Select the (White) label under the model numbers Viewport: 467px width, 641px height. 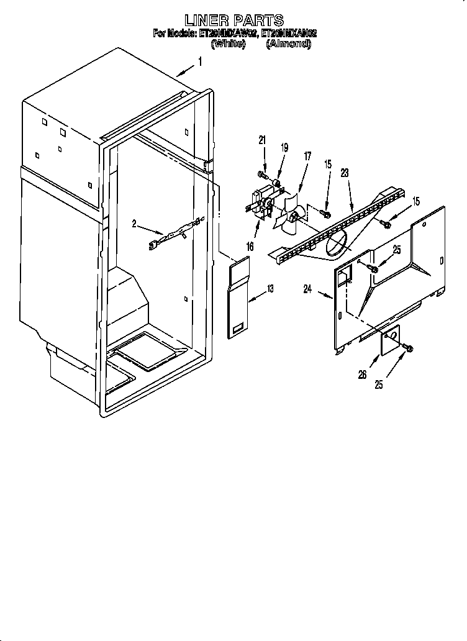click(x=228, y=44)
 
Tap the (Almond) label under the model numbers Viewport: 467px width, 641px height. click(x=288, y=44)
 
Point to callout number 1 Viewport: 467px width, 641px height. click(x=199, y=61)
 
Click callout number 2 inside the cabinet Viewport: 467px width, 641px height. click(x=134, y=224)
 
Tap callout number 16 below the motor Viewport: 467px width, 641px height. click(x=250, y=247)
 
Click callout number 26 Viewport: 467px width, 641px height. click(x=362, y=374)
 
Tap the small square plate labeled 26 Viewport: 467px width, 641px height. click(x=389, y=339)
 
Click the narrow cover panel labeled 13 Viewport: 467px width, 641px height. click(x=236, y=299)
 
